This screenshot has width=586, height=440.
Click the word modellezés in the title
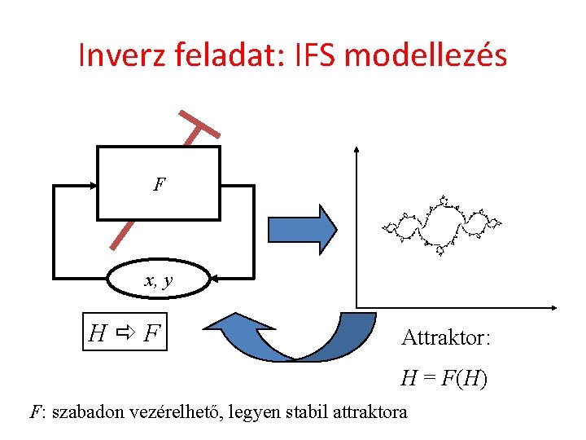[x=426, y=55]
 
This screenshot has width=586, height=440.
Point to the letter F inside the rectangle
[x=160, y=184]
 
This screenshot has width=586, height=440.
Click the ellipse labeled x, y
[x=159, y=282]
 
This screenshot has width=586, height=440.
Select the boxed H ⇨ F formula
[x=125, y=332]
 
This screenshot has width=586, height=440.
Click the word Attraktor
[x=445, y=337]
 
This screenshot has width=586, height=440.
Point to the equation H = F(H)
[x=444, y=378]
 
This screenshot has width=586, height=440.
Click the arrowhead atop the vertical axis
[x=356, y=151]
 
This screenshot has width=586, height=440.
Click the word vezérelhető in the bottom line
[x=180, y=411]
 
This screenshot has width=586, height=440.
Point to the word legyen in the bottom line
[x=256, y=412]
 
